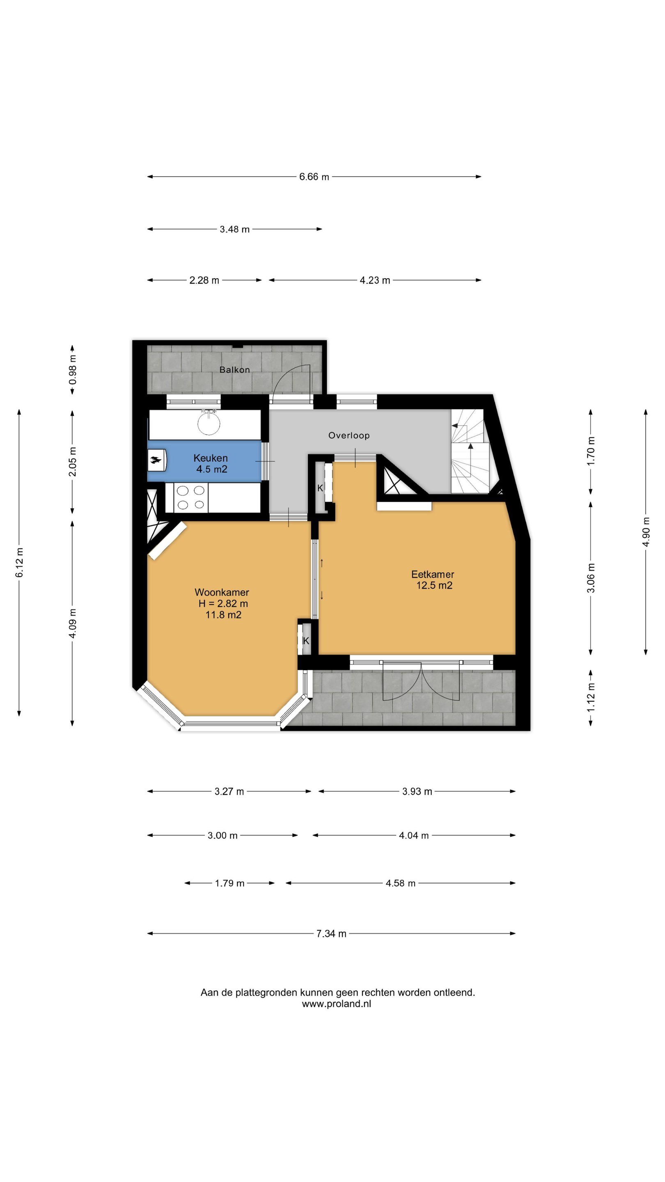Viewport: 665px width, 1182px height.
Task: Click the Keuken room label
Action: (210, 458)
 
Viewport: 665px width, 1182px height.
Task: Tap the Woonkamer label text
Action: (222, 592)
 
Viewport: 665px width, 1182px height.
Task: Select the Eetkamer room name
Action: (432, 574)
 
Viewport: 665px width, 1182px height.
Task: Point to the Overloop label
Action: (349, 435)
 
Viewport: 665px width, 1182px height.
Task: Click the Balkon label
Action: (234, 370)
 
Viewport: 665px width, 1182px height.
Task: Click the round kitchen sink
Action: (209, 423)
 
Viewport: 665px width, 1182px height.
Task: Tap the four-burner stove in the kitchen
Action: (191, 498)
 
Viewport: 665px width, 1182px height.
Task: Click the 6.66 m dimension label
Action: (314, 176)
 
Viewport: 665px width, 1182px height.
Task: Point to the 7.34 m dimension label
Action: (331, 934)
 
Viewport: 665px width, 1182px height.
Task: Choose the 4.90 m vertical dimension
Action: (646, 531)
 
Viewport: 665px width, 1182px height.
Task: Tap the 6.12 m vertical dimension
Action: (19, 562)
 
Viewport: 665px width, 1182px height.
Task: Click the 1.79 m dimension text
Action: (229, 883)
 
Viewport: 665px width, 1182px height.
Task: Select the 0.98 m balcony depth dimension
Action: (73, 370)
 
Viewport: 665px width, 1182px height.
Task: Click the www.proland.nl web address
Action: (337, 1003)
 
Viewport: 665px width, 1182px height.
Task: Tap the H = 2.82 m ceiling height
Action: (223, 604)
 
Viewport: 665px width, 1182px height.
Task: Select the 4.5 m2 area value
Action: (211, 469)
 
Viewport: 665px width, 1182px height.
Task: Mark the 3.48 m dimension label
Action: (234, 229)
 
